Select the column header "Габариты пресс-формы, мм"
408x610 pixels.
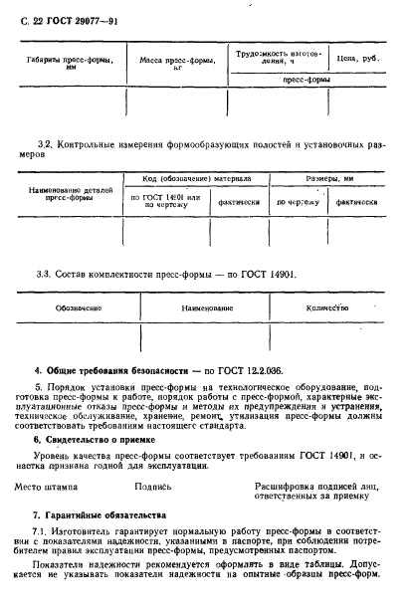pos(68,63)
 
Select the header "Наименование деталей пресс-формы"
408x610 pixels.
pos(69,192)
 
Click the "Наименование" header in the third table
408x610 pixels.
pos(206,309)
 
